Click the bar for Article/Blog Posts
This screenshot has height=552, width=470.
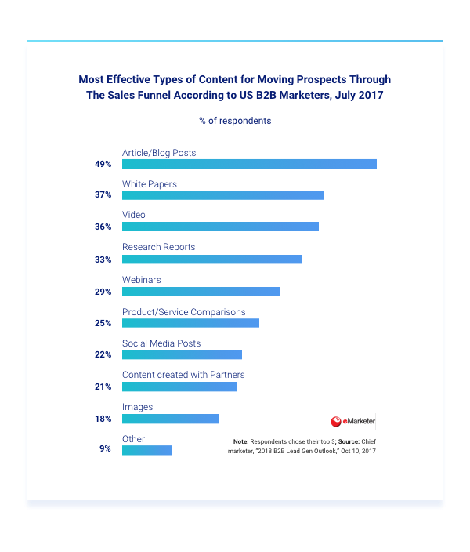[x=249, y=164]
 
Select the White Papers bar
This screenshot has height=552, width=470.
[x=223, y=195]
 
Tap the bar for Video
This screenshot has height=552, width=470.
[x=220, y=227]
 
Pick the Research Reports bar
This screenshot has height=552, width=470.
[x=211, y=260]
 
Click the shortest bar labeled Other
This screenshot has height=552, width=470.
[x=147, y=450]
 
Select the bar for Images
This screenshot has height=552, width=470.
[x=171, y=419]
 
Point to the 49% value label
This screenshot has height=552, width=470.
[x=103, y=165]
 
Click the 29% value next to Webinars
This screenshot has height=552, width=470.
[x=103, y=292]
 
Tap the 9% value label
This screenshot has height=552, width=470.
[x=105, y=450]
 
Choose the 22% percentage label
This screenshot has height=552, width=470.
[x=103, y=355]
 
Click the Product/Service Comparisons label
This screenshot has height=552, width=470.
[x=183, y=312]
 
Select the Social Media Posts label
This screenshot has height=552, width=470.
[x=161, y=343]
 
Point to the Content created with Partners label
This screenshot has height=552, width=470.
[x=183, y=375]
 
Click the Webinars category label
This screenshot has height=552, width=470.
[x=142, y=280]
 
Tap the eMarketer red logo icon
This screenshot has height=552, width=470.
[x=336, y=421]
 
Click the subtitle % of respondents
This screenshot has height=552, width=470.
[x=235, y=121]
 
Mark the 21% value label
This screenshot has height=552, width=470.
[x=103, y=387]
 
